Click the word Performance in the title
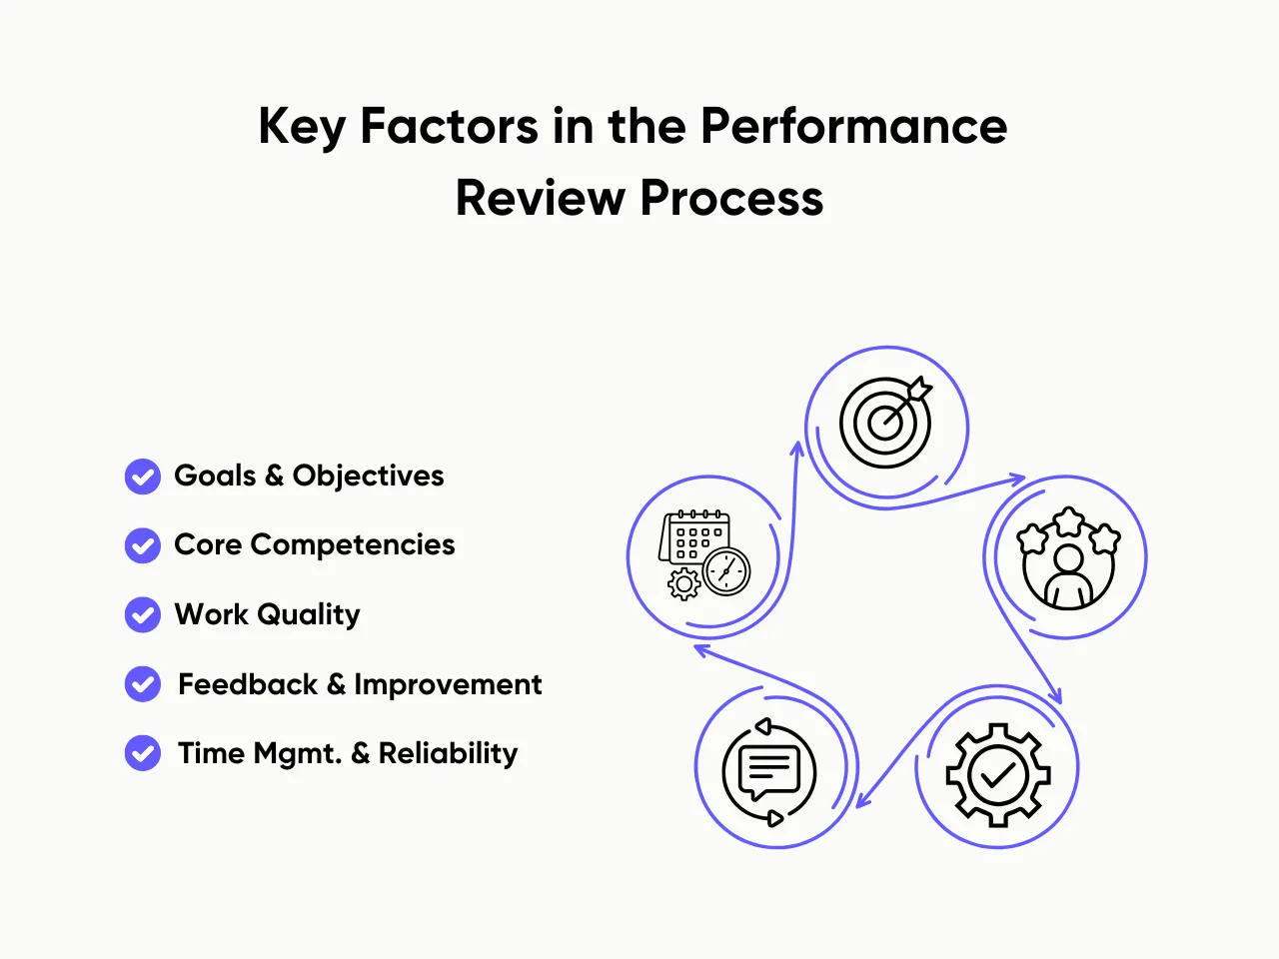(x=853, y=127)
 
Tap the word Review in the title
(x=540, y=198)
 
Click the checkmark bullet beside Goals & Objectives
(x=143, y=477)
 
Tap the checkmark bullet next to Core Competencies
(x=143, y=545)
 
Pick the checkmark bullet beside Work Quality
(x=143, y=614)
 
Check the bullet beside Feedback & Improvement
(x=143, y=684)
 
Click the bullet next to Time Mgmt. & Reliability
(x=143, y=753)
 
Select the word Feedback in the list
(x=248, y=684)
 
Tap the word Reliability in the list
(x=448, y=753)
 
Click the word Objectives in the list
(x=368, y=477)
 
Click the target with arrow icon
(x=886, y=422)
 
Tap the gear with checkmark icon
(x=997, y=774)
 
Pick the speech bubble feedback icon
(x=768, y=772)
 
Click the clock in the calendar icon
(x=726, y=571)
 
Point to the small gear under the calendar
(x=683, y=583)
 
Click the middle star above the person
(x=1069, y=520)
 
